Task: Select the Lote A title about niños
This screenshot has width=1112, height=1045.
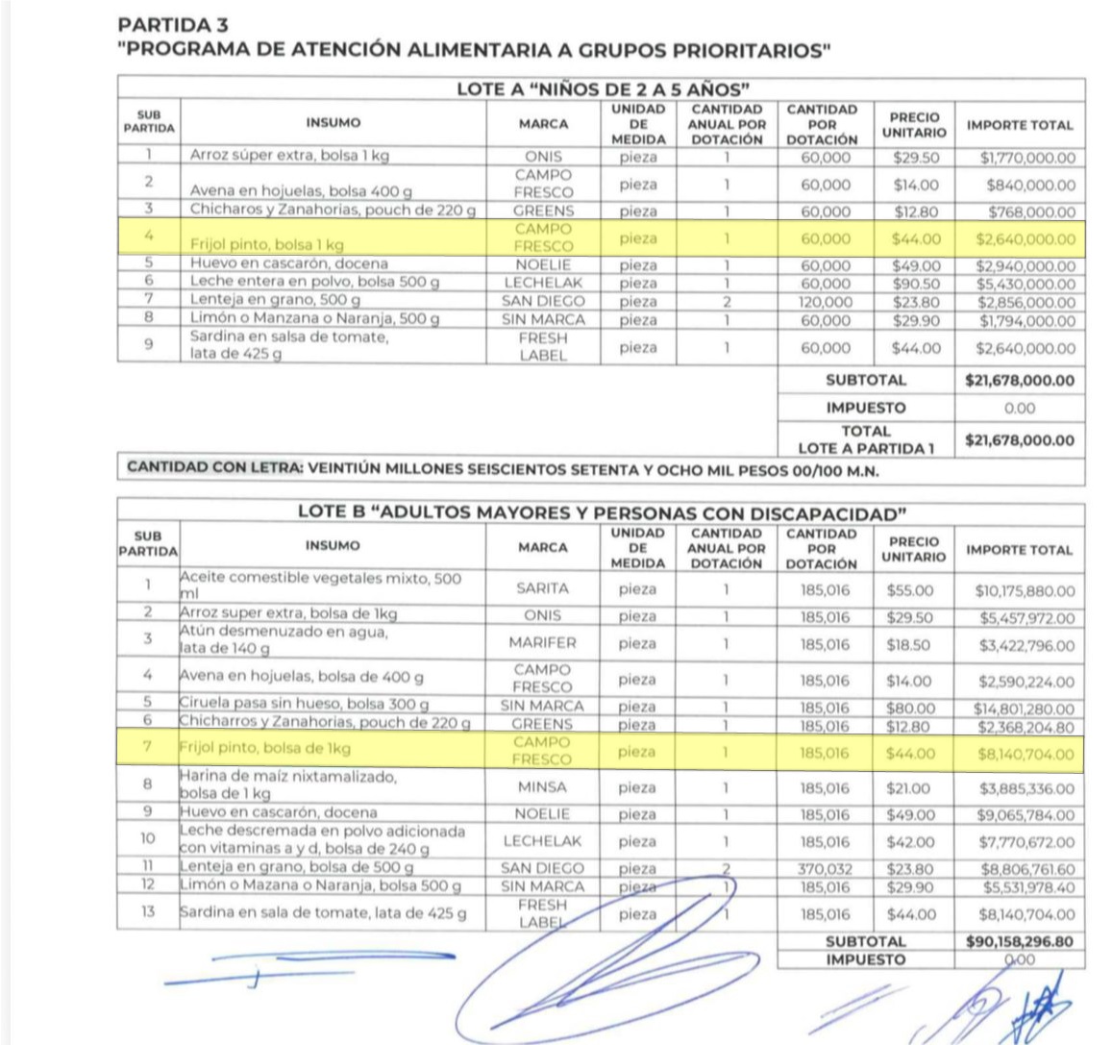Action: (602, 89)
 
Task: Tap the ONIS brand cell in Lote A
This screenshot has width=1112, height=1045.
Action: (543, 157)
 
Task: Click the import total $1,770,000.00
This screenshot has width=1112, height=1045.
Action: (1026, 158)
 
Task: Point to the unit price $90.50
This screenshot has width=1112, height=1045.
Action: (915, 284)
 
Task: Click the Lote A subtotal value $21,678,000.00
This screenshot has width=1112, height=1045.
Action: (1020, 381)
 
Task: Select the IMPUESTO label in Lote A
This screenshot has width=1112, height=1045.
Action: (865, 408)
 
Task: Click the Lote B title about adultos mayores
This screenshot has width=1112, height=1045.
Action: (602, 512)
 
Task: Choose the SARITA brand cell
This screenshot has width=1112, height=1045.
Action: (542, 588)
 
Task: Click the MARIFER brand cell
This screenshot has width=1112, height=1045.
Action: (542, 643)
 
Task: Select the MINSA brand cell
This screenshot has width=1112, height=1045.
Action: (542, 787)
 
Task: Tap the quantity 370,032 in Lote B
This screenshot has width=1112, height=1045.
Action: (825, 869)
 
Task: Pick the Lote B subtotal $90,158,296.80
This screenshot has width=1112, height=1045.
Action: (1019, 942)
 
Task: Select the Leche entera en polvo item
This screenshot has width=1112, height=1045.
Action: (314, 282)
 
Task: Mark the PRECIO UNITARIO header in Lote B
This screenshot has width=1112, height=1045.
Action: (913, 549)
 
